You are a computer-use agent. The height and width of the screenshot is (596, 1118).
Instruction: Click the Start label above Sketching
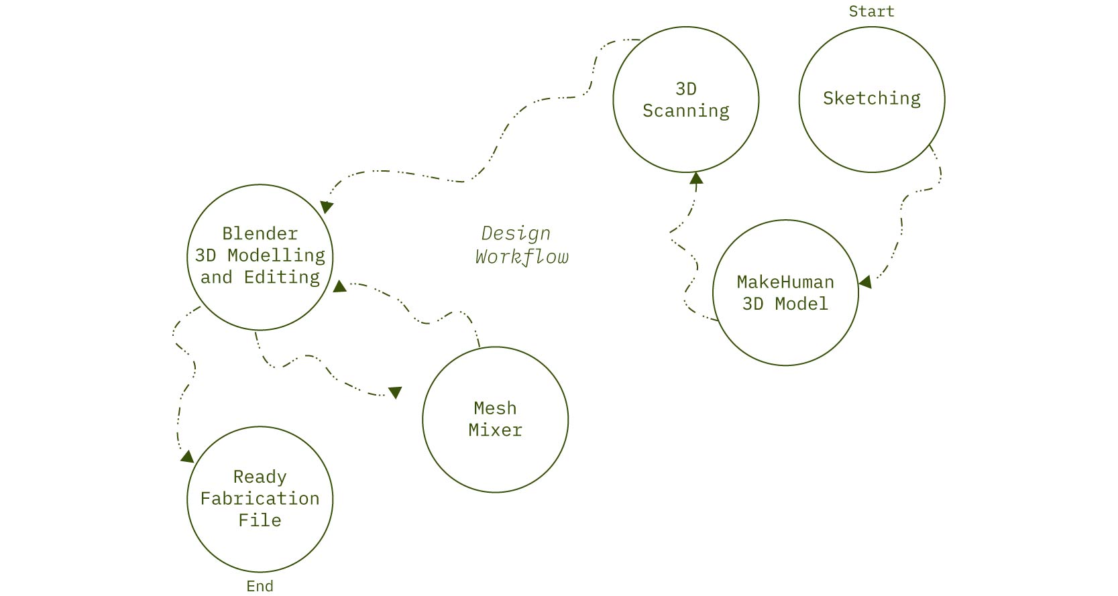pyautogui.click(x=871, y=11)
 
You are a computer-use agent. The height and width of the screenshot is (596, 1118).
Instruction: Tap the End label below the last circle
pyautogui.click(x=260, y=586)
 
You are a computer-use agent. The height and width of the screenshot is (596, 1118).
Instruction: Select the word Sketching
pyautogui.click(x=871, y=99)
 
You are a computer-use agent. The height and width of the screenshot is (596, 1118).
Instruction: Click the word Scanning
pyautogui.click(x=685, y=111)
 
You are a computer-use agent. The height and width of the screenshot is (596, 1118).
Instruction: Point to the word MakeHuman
pyautogui.click(x=785, y=282)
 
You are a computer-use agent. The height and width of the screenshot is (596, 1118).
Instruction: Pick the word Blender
pyautogui.click(x=260, y=234)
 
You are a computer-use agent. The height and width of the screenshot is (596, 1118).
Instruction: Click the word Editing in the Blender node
pyautogui.click(x=282, y=278)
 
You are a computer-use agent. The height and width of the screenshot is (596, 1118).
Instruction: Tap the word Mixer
pyautogui.click(x=495, y=430)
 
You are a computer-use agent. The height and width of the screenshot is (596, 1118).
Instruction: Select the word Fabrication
pyautogui.click(x=260, y=499)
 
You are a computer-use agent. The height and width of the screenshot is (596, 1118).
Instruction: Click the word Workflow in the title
pyautogui.click(x=522, y=257)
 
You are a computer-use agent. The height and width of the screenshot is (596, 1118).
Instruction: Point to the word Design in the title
pyautogui.click(x=516, y=234)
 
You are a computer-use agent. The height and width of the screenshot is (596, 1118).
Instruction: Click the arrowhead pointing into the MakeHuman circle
pyautogui.click(x=865, y=282)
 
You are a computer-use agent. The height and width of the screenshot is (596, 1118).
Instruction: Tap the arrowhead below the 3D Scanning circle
pyautogui.click(x=696, y=178)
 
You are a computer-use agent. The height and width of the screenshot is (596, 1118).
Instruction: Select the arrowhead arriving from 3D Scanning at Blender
pyautogui.click(x=326, y=206)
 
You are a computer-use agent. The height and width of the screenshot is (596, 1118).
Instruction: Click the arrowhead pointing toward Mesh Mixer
pyautogui.click(x=395, y=392)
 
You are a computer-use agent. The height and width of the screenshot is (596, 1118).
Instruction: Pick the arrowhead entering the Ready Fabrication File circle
pyautogui.click(x=187, y=457)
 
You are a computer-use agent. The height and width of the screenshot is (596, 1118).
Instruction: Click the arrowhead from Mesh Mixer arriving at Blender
pyautogui.click(x=339, y=286)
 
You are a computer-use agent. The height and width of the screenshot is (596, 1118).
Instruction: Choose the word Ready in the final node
pyautogui.click(x=260, y=477)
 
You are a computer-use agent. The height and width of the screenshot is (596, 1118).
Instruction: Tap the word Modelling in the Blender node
pyautogui.click(x=276, y=255)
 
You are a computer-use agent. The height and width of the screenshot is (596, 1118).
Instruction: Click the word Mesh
pyautogui.click(x=495, y=408)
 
